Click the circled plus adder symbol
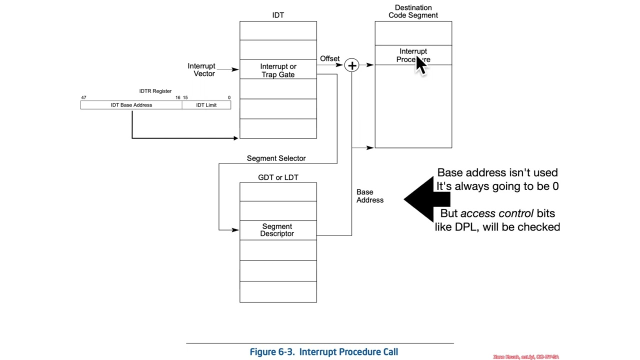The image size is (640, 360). [x=352, y=65]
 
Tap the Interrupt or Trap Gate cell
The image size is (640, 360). [x=278, y=70]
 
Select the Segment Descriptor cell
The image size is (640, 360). [x=277, y=230]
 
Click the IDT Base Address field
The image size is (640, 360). [x=131, y=105]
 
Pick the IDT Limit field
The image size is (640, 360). [x=206, y=105]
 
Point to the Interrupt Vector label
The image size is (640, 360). [x=201, y=69]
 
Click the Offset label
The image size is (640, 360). [x=329, y=58]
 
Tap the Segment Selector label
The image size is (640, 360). [x=276, y=158]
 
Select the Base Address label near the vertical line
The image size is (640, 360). [x=369, y=196]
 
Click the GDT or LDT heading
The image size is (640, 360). [x=278, y=177]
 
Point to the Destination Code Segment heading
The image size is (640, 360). [x=413, y=11]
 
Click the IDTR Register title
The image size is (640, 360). [x=155, y=91]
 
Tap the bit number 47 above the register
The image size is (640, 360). [x=83, y=97]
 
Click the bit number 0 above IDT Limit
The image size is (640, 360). [x=229, y=97]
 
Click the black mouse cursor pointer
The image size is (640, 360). [x=420, y=65]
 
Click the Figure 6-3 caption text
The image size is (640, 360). [x=323, y=352]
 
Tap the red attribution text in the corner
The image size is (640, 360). [x=525, y=357]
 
